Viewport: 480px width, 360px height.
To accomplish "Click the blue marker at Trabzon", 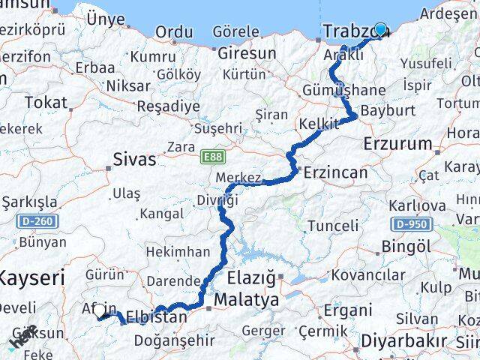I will tap(380, 29).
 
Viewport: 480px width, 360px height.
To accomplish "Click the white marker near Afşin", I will tap(99, 311).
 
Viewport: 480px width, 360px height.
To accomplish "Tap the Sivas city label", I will tap(135, 159).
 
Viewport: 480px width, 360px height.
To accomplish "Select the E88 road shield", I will tap(211, 156).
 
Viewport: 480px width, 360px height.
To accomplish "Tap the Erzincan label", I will tap(335, 172).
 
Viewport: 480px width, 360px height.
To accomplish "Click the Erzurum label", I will tap(397, 143).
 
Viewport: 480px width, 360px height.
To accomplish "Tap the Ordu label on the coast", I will tap(173, 32).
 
